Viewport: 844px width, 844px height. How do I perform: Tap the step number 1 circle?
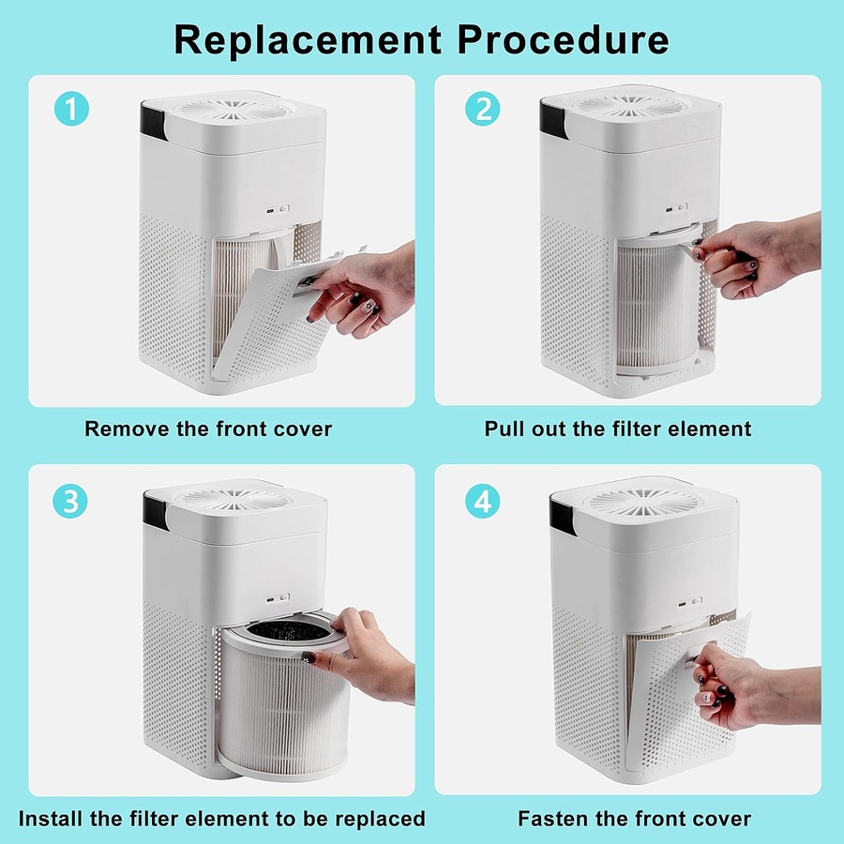tap(71, 110)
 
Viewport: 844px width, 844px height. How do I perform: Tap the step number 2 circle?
tap(482, 110)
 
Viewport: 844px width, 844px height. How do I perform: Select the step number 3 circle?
tap(71, 501)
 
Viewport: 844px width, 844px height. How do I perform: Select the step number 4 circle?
tap(482, 501)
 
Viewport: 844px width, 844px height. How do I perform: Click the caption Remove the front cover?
tap(208, 430)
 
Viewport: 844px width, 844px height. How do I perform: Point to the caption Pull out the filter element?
tap(618, 430)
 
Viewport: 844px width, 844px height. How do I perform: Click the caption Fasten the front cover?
tap(634, 819)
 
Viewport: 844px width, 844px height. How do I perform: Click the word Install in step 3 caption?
tap(55, 819)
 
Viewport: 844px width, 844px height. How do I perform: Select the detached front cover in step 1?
tap(272, 314)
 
